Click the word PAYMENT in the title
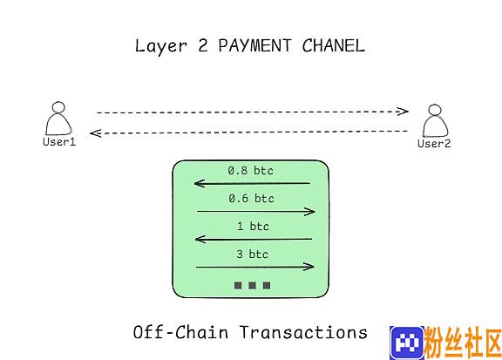pyautogui.click(x=254, y=45)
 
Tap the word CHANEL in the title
pyautogui.click(x=333, y=45)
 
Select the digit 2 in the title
pyautogui.click(x=203, y=45)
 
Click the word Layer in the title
pyautogui.click(x=160, y=46)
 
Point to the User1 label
pyautogui.click(x=59, y=142)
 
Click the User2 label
pyautogui.click(x=434, y=144)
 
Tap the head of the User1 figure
pyautogui.click(x=58, y=107)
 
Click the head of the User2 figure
pyautogui.click(x=434, y=110)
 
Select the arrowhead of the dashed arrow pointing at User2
pyautogui.click(x=403, y=112)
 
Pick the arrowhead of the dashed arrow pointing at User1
pyautogui.click(x=96, y=133)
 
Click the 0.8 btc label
pyautogui.click(x=251, y=170)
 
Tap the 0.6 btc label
pyautogui.click(x=251, y=199)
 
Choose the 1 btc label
pyautogui.click(x=253, y=227)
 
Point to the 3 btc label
pyautogui.click(x=252, y=255)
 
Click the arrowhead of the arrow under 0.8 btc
pyautogui.click(x=200, y=184)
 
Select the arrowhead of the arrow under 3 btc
pyautogui.click(x=309, y=267)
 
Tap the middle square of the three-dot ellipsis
pyautogui.click(x=252, y=285)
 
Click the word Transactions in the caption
pyautogui.click(x=303, y=332)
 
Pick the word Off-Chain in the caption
pyautogui.click(x=180, y=332)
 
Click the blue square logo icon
pyautogui.click(x=407, y=343)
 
